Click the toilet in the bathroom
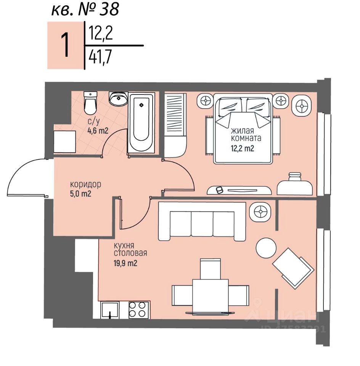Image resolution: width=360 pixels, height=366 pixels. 90,103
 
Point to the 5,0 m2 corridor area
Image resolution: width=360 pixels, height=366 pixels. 81,193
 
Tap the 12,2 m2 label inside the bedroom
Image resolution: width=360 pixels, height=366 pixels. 242,149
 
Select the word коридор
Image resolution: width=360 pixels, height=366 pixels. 86,185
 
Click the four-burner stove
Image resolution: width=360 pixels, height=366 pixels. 138,310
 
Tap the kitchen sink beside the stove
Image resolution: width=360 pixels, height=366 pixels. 110,310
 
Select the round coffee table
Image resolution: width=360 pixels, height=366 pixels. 266,248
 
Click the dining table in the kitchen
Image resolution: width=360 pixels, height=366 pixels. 210,295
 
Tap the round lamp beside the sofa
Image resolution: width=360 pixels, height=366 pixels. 261,211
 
